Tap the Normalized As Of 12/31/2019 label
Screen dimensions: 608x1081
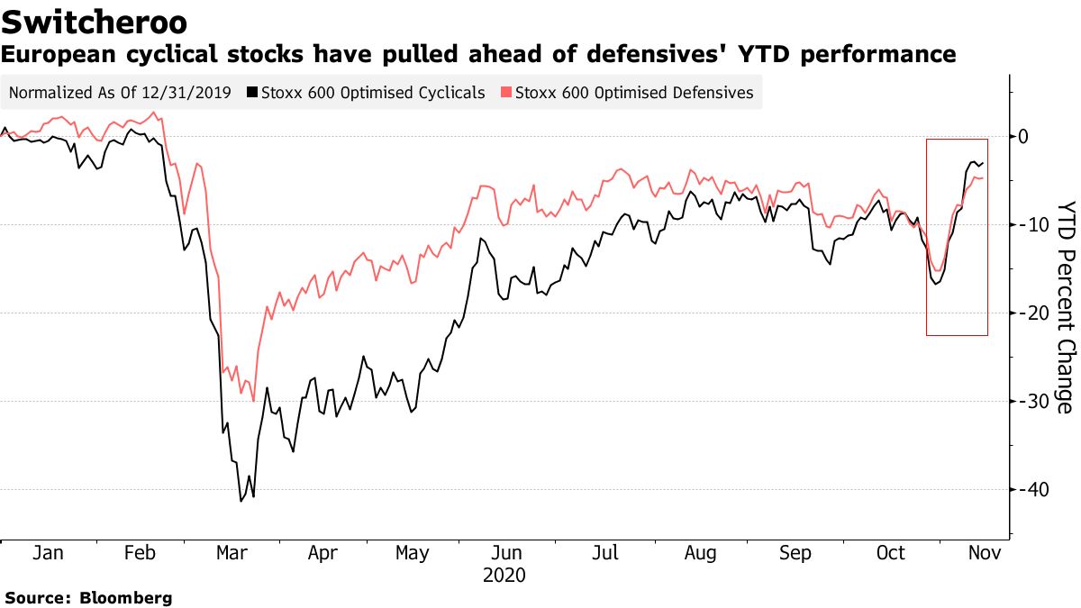(120, 93)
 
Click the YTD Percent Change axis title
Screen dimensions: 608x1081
(1065, 305)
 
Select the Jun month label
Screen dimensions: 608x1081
(510, 553)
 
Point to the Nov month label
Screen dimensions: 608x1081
(979, 553)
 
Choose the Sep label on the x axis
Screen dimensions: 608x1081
(795, 553)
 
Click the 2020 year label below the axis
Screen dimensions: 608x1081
(504, 575)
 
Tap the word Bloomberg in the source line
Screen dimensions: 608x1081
(126, 597)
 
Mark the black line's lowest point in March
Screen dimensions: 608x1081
(241, 501)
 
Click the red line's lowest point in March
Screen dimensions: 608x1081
(254, 401)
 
